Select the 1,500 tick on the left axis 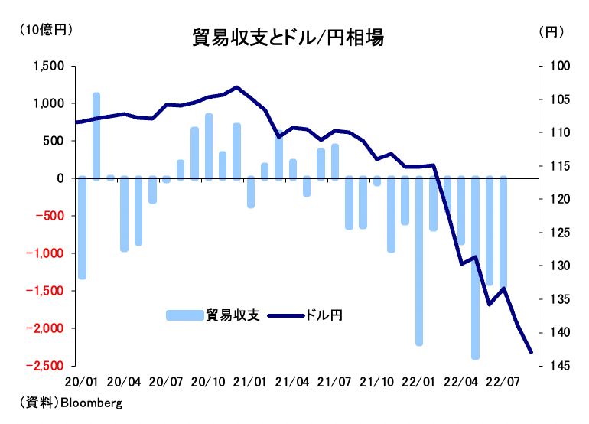click(x=50, y=67)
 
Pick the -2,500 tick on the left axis click(x=46, y=366)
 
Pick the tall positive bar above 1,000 click(x=96, y=136)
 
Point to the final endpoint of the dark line click(x=532, y=353)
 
